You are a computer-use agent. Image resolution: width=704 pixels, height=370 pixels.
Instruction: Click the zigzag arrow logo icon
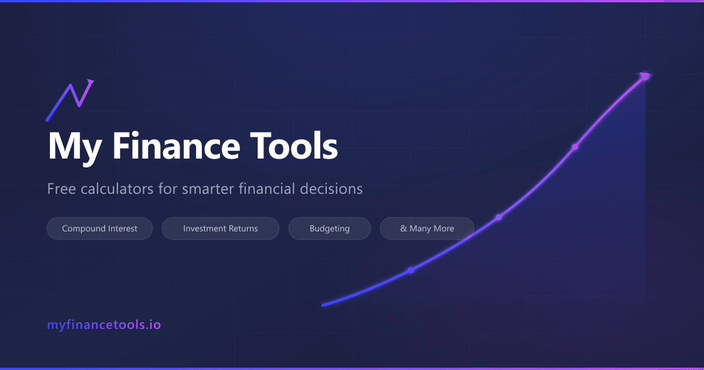point(70,100)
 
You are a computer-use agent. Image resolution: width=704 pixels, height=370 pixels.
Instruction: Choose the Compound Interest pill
point(100,228)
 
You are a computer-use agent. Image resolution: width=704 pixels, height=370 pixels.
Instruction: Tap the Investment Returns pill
point(221,228)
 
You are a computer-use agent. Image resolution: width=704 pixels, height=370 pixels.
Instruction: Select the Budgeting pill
point(330,228)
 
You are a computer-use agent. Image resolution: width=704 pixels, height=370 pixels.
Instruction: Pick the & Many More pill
point(427,228)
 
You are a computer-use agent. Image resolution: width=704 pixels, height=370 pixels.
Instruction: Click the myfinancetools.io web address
point(104,324)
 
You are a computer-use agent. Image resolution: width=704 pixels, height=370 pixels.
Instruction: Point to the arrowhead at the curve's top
point(645,76)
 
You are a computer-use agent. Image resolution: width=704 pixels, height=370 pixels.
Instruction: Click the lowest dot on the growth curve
point(411,270)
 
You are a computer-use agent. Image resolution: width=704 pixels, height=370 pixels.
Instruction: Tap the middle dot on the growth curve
point(499,217)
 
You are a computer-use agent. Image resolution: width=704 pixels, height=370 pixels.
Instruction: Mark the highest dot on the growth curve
point(575,147)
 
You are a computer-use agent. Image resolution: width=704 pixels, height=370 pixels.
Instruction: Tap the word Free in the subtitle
point(59,189)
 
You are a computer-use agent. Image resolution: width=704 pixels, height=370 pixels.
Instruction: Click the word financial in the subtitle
point(271,189)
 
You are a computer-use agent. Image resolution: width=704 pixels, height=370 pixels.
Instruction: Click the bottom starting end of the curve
point(323,305)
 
